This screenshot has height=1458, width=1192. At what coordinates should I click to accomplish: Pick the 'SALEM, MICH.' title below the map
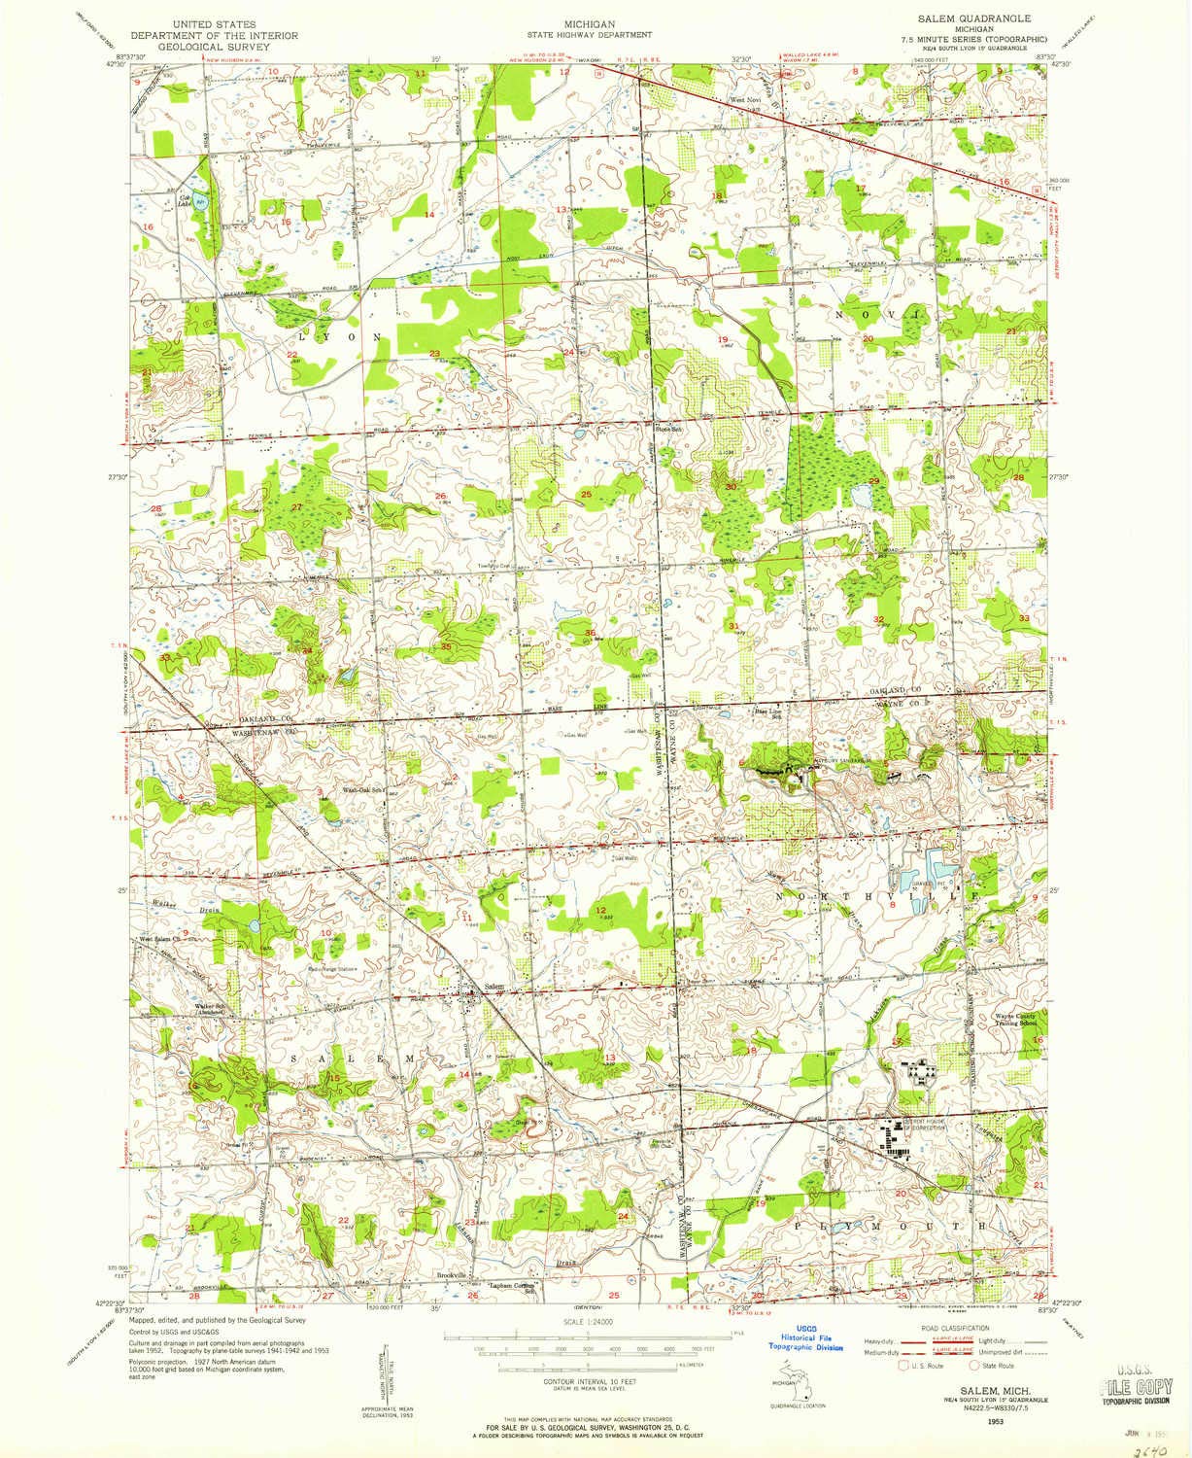click(982, 1393)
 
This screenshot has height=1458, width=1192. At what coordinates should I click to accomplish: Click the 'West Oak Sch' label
click(362, 790)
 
